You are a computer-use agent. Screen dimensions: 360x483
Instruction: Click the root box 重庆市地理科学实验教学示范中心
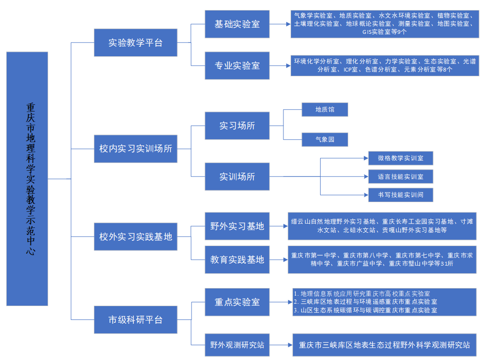(27, 179)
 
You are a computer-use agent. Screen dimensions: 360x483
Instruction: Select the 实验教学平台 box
(135, 42)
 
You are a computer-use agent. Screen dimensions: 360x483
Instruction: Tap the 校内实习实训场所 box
(135, 149)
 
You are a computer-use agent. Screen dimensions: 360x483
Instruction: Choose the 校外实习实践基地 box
(135, 236)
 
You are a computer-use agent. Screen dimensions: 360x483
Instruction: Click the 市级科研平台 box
(135, 319)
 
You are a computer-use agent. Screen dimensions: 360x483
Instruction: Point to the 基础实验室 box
(237, 24)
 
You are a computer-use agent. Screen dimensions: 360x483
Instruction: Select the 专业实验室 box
(237, 65)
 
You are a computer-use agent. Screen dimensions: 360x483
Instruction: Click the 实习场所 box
(237, 126)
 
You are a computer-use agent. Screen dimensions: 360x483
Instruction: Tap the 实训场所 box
(237, 176)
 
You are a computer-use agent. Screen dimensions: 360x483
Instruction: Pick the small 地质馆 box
(324, 110)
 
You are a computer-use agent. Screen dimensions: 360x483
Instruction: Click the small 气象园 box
(324, 139)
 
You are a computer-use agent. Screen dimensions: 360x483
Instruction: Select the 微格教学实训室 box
(400, 158)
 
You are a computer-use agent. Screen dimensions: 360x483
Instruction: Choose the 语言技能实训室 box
(400, 176)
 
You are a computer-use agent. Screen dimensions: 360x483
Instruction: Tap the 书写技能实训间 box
(400, 195)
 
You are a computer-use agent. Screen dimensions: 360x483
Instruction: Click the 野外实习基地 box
(237, 226)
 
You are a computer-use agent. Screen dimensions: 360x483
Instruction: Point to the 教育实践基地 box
(237, 259)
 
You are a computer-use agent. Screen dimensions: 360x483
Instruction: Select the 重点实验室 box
(237, 302)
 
